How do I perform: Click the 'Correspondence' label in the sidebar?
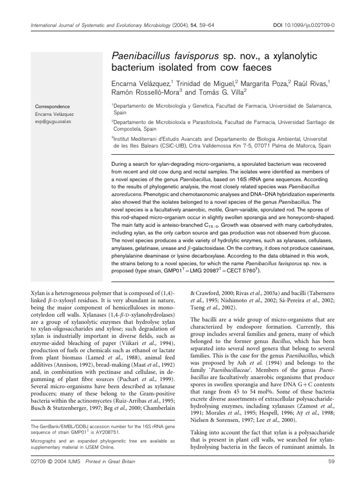pyautogui.click(x=53, y=106)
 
